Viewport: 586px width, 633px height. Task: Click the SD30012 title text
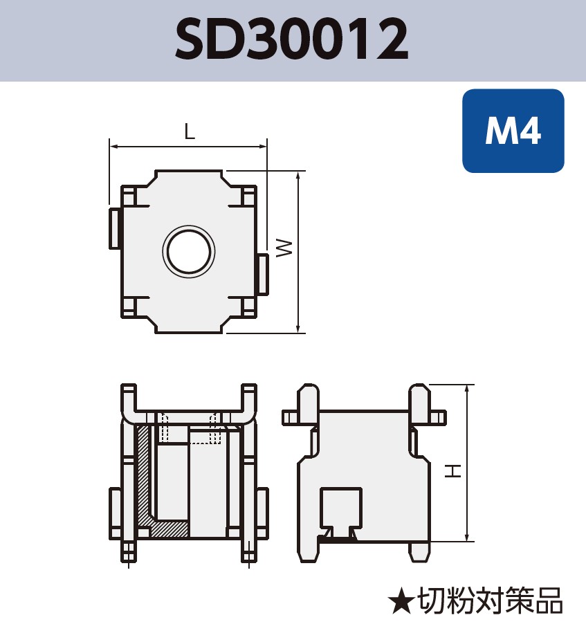[292, 39]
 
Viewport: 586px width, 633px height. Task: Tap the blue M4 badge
[513, 130]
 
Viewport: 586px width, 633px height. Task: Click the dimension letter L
[189, 131]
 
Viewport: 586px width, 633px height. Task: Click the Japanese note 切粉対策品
[490, 601]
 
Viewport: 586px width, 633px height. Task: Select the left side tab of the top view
[115, 228]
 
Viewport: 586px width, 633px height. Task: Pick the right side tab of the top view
[262, 273]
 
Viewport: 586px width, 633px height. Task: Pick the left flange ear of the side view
[290, 417]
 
